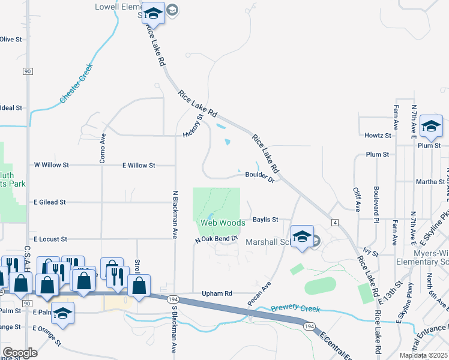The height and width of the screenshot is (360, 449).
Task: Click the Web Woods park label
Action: coord(223,223)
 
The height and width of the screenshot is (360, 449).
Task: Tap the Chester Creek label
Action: coord(76,84)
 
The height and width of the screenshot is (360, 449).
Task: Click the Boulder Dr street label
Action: coord(259,175)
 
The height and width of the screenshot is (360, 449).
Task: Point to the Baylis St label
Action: coord(265,220)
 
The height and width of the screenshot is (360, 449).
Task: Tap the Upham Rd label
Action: coord(217,294)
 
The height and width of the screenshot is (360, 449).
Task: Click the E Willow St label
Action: coord(139,165)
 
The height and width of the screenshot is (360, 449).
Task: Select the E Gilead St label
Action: coord(50,203)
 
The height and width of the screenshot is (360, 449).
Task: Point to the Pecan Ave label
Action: coord(260,293)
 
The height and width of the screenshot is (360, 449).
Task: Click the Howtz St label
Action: coord(378,136)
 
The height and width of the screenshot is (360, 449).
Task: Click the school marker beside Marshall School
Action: coord(303,236)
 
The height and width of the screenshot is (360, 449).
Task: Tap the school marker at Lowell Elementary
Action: coord(154,14)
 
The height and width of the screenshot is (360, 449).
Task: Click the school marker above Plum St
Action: coord(430,127)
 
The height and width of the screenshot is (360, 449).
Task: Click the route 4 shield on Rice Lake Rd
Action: coord(334,223)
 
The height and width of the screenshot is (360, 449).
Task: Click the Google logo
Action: coord(20,353)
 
